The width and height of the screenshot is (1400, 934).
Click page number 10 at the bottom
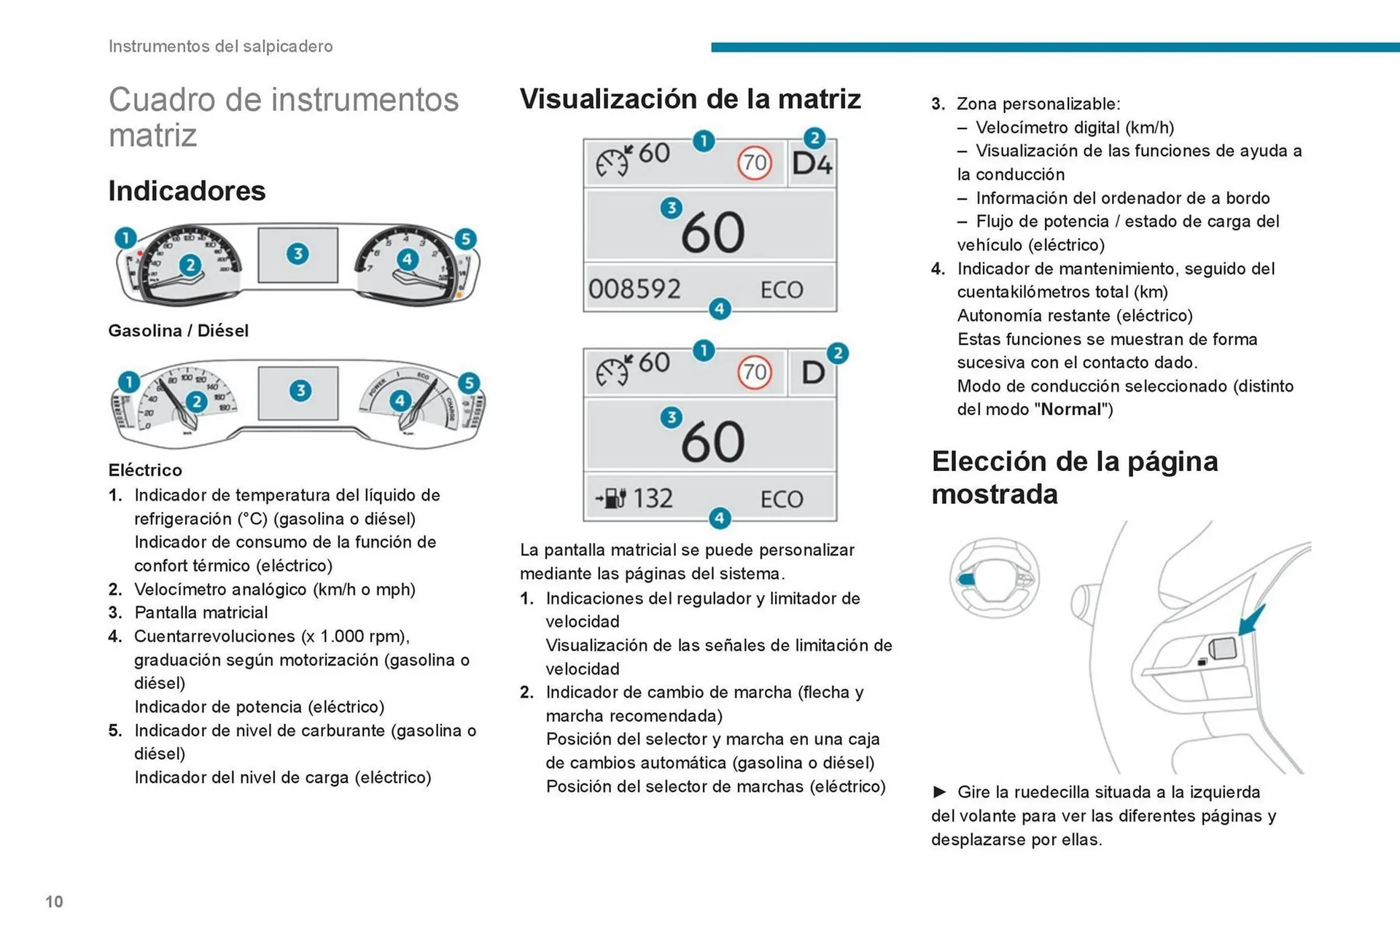point(54,902)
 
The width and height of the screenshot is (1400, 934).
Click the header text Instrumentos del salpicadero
point(220,46)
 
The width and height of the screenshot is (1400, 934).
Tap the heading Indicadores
point(187,191)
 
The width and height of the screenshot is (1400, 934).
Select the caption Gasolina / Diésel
point(178,331)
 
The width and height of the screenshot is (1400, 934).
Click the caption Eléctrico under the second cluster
point(145,470)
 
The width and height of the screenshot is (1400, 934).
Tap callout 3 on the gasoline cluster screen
point(297,254)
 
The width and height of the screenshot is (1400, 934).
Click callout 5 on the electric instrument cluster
point(469,383)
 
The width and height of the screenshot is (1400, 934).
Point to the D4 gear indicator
point(812,164)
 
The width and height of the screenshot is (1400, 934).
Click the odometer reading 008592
point(634,289)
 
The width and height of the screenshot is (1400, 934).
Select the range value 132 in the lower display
point(653,499)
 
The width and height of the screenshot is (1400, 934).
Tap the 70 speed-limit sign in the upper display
point(755,162)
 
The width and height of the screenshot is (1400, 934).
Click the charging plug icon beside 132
point(611,499)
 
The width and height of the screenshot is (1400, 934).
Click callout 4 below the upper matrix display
point(720,308)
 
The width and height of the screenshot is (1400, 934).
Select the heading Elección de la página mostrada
point(1074,478)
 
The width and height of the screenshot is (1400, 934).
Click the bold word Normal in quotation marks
point(1070,410)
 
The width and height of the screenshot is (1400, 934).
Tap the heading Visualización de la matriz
point(690,99)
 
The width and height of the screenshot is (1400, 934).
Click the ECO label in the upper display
point(782,290)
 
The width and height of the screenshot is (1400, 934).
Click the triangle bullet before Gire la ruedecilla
point(940,792)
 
